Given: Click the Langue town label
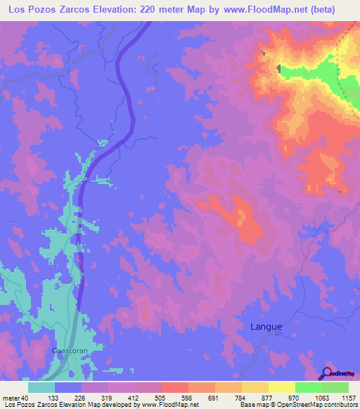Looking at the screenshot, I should pos(266,327).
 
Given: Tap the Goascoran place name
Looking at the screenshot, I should pos(69,350).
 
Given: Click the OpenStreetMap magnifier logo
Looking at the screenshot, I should pos(326,372).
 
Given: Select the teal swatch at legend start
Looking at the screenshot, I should pos(41,387).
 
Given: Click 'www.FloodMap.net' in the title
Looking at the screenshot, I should pos(271,10).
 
